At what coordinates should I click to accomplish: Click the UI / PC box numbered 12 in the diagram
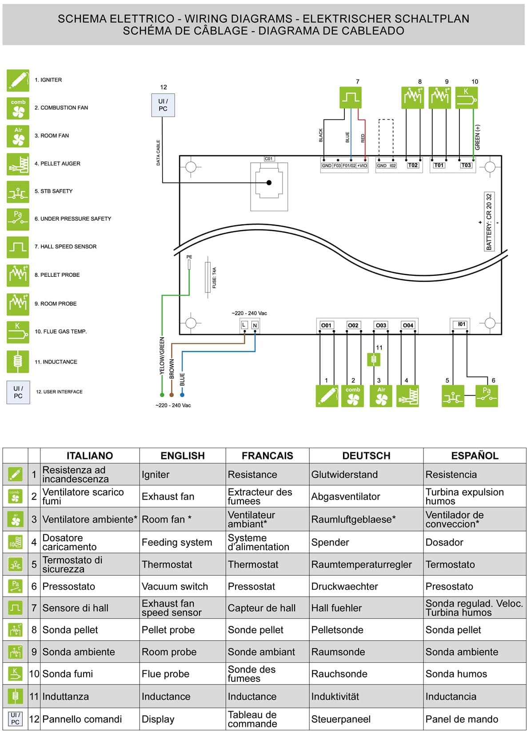(163, 105)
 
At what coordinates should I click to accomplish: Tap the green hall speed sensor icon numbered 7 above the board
(350, 97)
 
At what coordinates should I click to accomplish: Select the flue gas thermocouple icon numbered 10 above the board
(466, 98)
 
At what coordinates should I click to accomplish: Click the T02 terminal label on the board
(413, 165)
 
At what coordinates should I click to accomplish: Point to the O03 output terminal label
(381, 325)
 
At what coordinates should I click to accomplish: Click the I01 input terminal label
(462, 324)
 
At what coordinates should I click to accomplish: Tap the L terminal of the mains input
(244, 325)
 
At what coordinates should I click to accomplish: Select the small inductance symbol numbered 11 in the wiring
(374, 359)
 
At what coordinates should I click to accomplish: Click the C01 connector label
(269, 159)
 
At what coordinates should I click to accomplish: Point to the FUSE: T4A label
(214, 278)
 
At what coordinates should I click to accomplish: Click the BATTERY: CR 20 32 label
(489, 221)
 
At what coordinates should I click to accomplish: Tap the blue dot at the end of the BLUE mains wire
(182, 394)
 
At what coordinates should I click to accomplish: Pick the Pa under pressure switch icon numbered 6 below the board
(487, 396)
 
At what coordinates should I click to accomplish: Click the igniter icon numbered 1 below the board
(327, 396)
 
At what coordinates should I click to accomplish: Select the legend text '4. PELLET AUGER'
(57, 164)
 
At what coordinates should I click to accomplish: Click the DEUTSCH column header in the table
(366, 456)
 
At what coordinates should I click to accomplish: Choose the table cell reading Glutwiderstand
(344, 475)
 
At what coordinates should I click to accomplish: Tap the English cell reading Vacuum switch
(175, 586)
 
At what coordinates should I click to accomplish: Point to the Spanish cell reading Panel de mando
(462, 719)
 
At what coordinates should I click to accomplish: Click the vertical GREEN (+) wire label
(478, 137)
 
